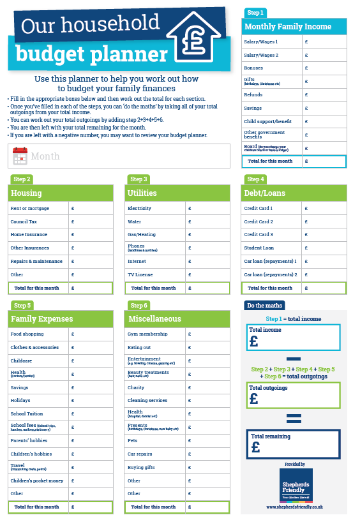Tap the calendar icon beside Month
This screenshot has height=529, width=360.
click(x=20, y=156)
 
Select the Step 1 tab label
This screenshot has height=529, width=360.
click(x=255, y=13)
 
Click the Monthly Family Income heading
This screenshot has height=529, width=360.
click(x=288, y=27)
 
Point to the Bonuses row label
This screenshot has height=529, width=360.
click(x=254, y=68)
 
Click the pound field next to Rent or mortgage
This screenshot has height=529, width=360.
click(x=90, y=208)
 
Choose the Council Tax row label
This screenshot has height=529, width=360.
click(x=24, y=221)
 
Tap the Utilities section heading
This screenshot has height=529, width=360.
click(x=142, y=193)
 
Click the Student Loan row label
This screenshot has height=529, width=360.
click(x=259, y=248)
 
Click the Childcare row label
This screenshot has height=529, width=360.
click(x=22, y=361)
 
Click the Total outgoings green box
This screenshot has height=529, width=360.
click(x=293, y=395)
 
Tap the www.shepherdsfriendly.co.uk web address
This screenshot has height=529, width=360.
click(x=295, y=507)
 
